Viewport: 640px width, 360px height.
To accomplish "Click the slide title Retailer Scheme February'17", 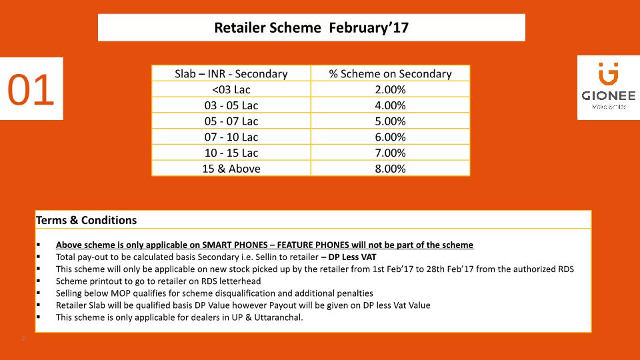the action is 311,27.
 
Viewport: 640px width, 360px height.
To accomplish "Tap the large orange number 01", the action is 31,90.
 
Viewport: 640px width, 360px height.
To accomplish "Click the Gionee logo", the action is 609,87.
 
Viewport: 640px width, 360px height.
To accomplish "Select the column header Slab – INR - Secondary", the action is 231,74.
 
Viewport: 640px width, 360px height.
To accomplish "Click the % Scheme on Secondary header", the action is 390,74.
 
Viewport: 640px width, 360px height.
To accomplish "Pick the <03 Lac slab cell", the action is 231,89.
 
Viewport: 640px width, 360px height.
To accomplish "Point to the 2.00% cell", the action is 390,89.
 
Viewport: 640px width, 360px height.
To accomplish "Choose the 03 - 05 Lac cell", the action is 231,105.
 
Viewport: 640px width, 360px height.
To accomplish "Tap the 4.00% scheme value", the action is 390,105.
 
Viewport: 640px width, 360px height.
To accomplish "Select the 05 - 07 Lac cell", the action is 231,121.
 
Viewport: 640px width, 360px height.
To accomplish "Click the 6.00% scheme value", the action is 390,137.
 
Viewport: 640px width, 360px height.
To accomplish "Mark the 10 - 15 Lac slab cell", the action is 231,153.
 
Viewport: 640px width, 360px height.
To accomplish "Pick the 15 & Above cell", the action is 231,169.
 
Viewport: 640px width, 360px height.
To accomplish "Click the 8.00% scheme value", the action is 390,169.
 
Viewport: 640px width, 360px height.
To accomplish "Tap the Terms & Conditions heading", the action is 86,221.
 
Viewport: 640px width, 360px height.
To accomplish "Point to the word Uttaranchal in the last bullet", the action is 279,317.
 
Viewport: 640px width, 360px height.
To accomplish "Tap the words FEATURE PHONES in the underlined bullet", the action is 313,245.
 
